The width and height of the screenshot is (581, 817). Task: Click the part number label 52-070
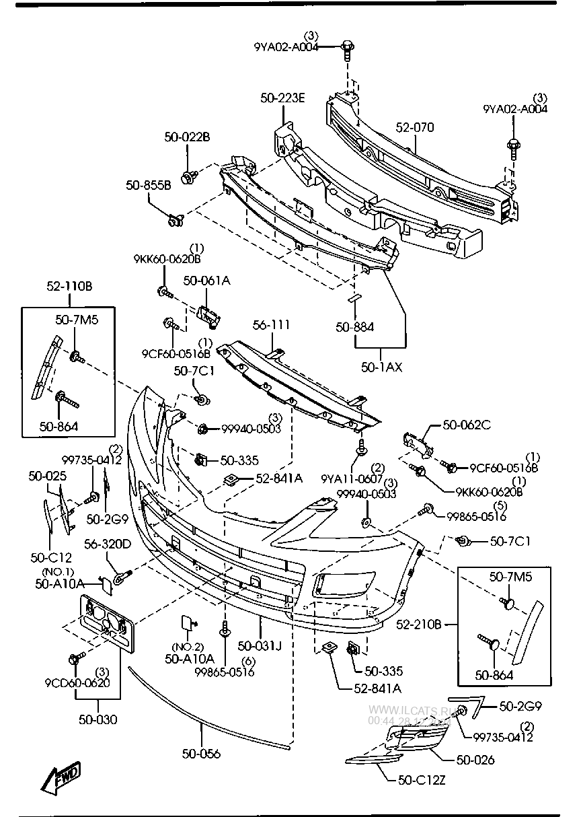click(x=415, y=127)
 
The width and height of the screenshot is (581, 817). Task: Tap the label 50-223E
click(x=283, y=98)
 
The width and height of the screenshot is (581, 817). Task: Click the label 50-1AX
click(x=381, y=367)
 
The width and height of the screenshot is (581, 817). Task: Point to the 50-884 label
click(x=355, y=327)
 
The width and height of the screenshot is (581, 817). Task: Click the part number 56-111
click(x=271, y=326)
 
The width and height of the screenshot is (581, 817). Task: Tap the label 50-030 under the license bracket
click(x=98, y=719)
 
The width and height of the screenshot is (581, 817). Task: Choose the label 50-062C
click(x=467, y=425)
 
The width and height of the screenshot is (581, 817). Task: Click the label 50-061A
click(x=206, y=281)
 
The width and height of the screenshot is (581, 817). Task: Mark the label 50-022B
click(x=187, y=137)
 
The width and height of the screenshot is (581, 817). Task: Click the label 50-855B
click(x=149, y=184)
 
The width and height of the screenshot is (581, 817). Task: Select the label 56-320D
click(x=107, y=544)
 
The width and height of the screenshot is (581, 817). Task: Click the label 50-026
click(x=475, y=760)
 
